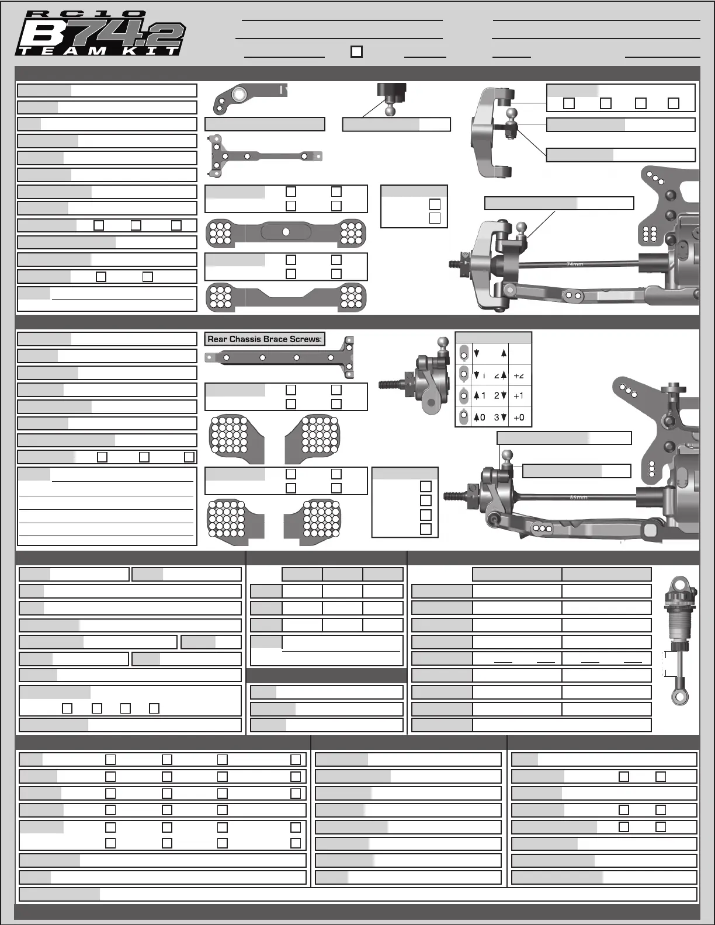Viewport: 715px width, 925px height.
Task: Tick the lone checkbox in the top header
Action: coord(356,51)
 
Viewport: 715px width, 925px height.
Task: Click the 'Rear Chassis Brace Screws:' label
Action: coord(265,339)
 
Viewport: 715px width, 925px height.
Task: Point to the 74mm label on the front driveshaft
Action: coord(575,264)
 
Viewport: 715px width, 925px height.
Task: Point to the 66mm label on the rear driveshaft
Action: coord(578,498)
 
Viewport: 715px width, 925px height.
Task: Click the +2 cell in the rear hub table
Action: coord(519,375)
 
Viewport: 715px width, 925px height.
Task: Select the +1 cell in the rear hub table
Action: coord(519,396)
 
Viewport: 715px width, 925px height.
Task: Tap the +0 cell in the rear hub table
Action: coord(519,417)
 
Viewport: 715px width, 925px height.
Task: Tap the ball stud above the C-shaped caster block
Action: coord(512,115)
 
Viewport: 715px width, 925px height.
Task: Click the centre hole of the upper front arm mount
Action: coord(286,232)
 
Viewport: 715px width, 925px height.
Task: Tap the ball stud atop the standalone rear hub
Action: coord(443,342)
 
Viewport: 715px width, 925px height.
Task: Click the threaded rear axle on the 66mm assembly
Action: coord(455,496)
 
